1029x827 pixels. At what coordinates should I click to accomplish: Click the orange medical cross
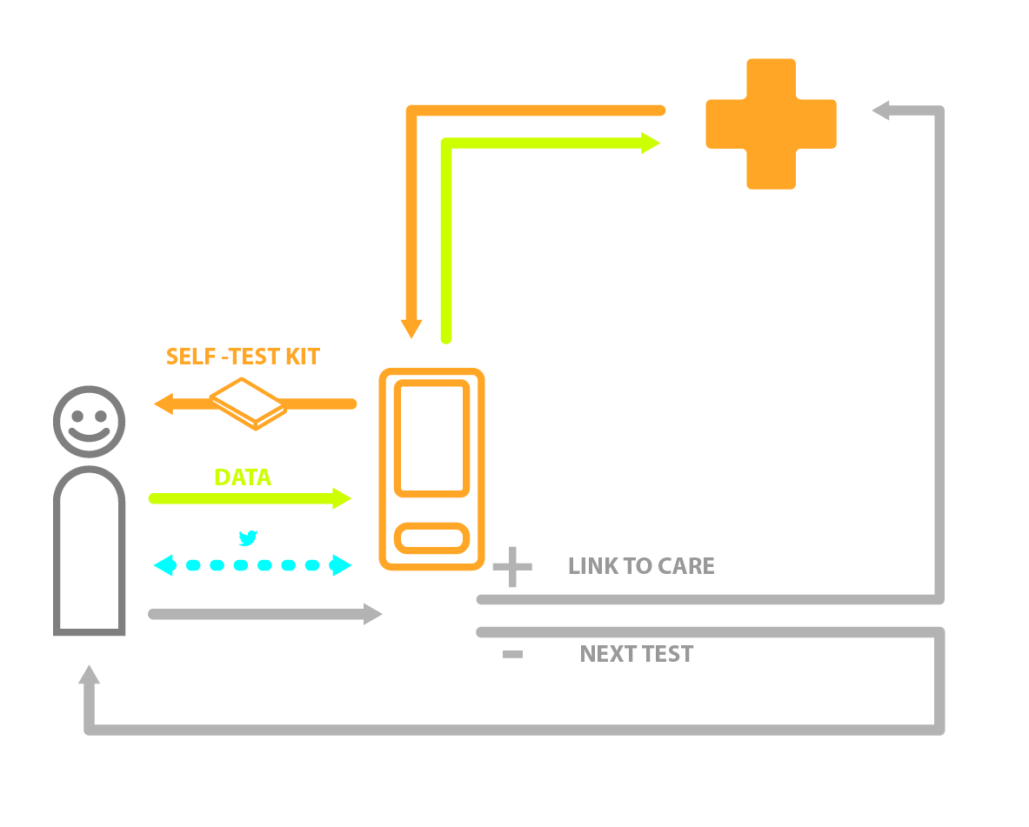coord(771,123)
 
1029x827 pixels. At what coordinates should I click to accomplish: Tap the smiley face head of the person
coord(89,421)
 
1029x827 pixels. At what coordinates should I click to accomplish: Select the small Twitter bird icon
coord(248,538)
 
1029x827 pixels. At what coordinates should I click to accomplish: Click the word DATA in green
coord(243,477)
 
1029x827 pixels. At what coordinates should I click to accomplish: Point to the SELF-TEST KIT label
coord(243,357)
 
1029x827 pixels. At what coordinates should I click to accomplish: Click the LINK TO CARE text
coord(641,566)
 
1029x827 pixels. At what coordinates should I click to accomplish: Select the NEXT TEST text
coord(636,654)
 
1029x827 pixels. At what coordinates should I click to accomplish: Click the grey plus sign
coord(512,567)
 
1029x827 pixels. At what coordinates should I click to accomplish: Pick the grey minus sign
coord(512,654)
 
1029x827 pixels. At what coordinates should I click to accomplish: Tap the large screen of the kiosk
coord(431,437)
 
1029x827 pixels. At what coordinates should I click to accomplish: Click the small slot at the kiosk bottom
coord(431,537)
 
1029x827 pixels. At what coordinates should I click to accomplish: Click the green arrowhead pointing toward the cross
coord(651,143)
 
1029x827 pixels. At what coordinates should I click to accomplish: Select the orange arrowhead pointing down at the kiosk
coord(411,329)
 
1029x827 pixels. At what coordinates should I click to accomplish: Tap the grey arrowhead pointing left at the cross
coord(881,110)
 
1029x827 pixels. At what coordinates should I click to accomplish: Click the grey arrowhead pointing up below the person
coord(89,675)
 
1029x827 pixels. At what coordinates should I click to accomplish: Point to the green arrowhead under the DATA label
coord(341,498)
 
